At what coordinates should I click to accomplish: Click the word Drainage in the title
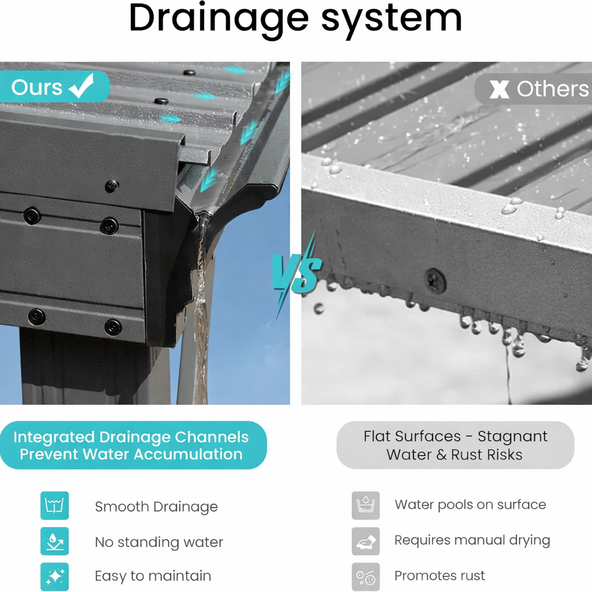[219, 20]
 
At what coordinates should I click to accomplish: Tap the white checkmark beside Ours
[81, 86]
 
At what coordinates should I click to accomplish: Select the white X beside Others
[499, 90]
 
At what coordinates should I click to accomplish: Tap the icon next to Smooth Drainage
[55, 505]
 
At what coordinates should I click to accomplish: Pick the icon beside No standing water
[55, 541]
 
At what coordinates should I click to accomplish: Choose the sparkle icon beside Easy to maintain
[55, 576]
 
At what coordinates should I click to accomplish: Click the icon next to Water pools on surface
[365, 505]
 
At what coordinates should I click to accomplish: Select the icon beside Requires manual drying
[365, 541]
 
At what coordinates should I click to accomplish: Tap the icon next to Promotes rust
[365, 576]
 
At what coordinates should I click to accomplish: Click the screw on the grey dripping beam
[435, 280]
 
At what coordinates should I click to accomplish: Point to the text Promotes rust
[439, 576]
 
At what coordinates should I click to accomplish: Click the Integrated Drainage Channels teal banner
[134, 445]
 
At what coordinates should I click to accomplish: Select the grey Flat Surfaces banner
[456, 445]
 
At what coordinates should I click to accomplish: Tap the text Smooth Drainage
[156, 506]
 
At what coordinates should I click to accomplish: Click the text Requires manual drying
[472, 541]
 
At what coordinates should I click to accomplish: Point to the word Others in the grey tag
[552, 89]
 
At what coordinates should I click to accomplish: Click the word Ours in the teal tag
[36, 88]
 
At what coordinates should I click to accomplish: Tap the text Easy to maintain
[153, 576]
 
